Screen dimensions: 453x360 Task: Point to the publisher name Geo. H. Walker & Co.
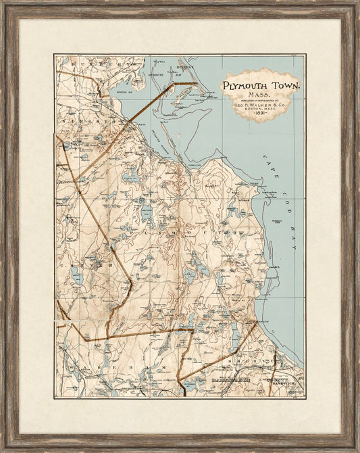(263, 105)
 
